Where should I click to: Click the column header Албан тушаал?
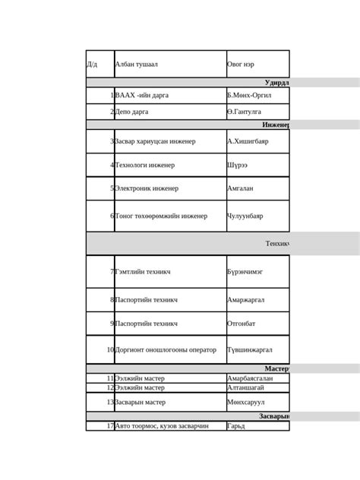136,64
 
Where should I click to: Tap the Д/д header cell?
93,64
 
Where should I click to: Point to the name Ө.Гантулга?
245,112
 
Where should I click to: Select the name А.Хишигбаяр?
248,141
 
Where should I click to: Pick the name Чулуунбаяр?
245,216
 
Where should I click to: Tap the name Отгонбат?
242,324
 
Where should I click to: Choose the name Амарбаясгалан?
250,378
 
